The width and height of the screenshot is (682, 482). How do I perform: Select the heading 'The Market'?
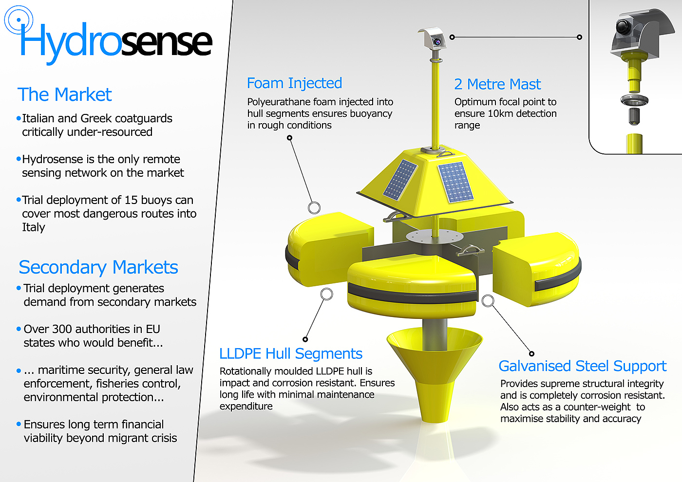tap(65, 94)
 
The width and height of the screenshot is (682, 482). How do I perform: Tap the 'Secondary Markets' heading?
tap(98, 267)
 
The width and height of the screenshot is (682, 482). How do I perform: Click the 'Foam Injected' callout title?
tap(294, 83)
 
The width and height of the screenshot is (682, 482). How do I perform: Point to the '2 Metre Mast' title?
tap(497, 84)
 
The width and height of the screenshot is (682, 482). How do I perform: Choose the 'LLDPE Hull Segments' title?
tap(291, 353)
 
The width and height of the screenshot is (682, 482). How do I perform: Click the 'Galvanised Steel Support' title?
tap(582, 366)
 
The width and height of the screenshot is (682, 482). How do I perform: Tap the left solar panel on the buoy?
tap(400, 179)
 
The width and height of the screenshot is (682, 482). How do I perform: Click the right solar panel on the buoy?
tap(455, 182)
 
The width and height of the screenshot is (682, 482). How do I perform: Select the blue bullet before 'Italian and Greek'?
tap(19, 118)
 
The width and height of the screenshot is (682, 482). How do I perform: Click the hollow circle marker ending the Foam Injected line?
tap(314, 208)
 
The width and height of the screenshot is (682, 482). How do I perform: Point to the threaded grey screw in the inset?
tap(634, 116)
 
